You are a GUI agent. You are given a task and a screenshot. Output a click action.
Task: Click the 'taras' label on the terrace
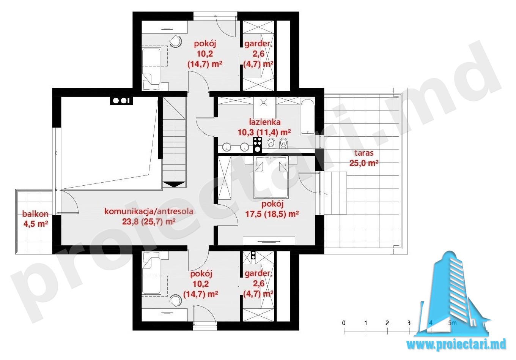coord(364,153)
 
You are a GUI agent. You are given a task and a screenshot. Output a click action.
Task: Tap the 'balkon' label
coord(35,214)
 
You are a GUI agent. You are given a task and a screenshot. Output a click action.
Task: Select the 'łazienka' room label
coord(265,122)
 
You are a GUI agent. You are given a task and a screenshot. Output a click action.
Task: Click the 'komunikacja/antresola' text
coord(149,211)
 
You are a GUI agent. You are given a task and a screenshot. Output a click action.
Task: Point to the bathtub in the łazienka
coord(307,117)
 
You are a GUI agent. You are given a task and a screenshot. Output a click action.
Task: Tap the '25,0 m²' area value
coord(364,163)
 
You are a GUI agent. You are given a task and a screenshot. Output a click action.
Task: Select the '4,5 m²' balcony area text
coord(36,224)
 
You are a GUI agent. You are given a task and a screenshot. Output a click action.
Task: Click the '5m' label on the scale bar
coord(452,323)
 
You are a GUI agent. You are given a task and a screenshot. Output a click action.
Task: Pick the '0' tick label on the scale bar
coord(344,323)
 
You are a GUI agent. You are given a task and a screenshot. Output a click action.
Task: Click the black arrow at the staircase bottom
coord(174,184)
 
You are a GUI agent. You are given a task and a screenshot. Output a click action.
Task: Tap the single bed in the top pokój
coord(151,69)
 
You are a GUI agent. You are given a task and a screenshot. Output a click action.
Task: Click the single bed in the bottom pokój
coord(151,273)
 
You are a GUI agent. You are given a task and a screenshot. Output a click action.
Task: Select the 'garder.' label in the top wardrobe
coord(258,44)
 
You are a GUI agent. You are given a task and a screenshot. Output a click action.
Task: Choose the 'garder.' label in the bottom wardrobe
coord(258,274)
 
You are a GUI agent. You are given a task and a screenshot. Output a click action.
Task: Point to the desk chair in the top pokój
coord(176,42)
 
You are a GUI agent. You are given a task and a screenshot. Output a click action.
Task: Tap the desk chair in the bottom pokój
coord(176,300)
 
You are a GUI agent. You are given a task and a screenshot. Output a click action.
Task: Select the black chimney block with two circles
coord(121,101)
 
